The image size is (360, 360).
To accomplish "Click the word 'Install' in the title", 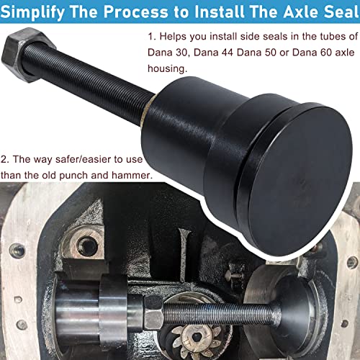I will tap(210, 12).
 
